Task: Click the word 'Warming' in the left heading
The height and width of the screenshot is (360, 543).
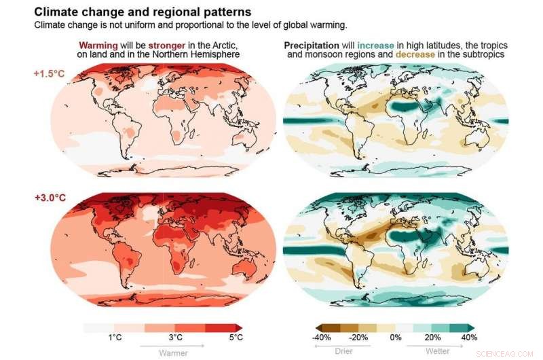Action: coord(99,44)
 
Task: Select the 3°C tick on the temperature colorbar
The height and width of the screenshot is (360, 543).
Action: coord(176,338)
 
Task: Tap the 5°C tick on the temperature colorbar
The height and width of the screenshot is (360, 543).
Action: coord(235,338)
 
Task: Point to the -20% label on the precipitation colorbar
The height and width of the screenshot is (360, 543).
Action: coord(359,338)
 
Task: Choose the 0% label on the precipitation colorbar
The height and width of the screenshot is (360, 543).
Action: coord(396,338)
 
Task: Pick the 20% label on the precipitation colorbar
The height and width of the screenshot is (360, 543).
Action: coord(432,338)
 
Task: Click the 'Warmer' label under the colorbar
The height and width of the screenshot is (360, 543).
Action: coord(173,353)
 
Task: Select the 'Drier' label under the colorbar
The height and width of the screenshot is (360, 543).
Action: coord(344,351)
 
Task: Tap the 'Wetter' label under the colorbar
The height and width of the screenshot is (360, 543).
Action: coord(437,351)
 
